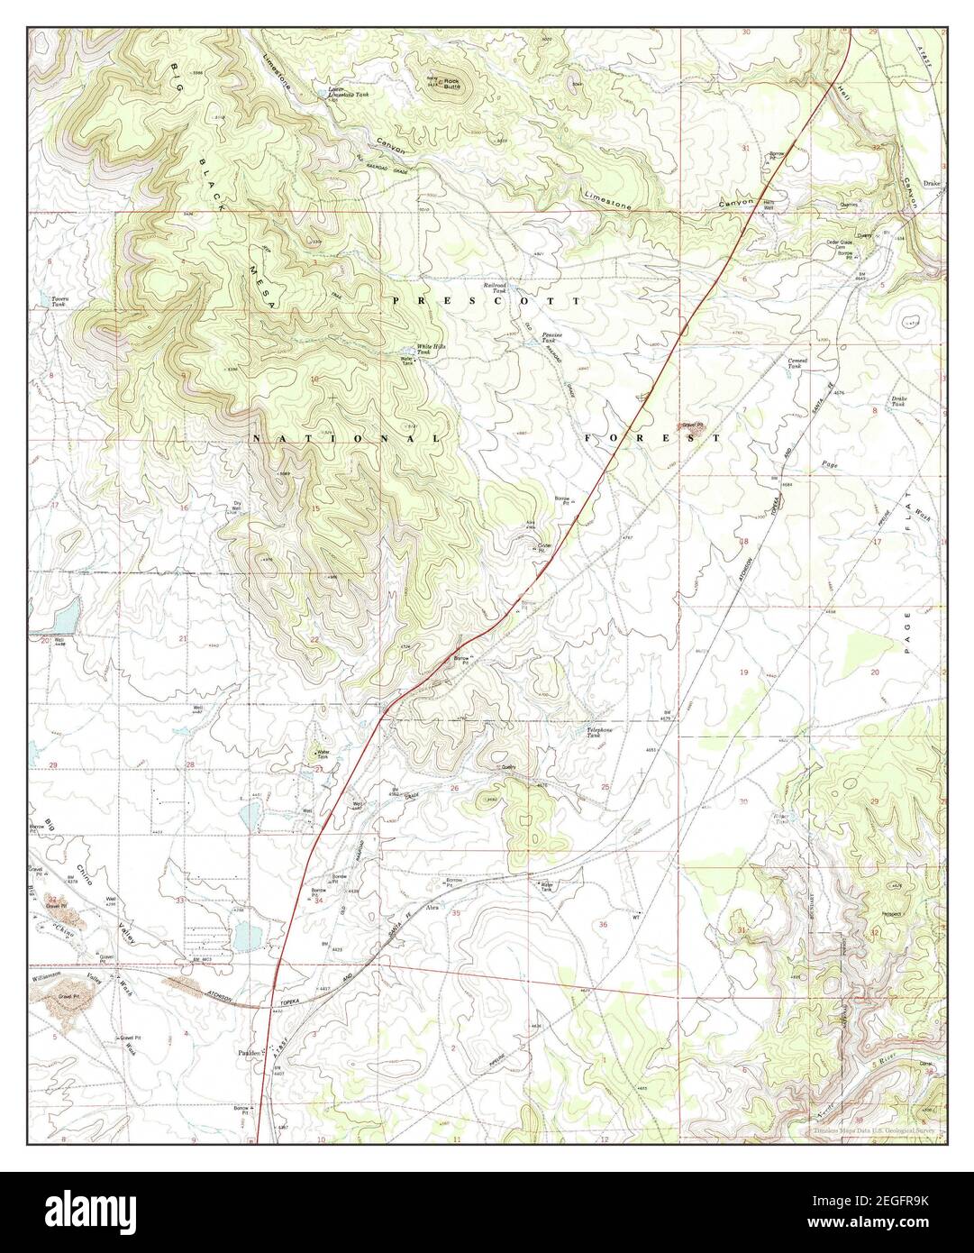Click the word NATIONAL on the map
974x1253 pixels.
point(345,438)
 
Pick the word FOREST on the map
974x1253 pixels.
point(652,438)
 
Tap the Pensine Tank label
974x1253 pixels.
point(552,338)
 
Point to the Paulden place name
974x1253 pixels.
point(248,1052)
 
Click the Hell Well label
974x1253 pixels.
point(769,205)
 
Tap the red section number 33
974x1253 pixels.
point(180,900)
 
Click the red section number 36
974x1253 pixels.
point(603,924)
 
